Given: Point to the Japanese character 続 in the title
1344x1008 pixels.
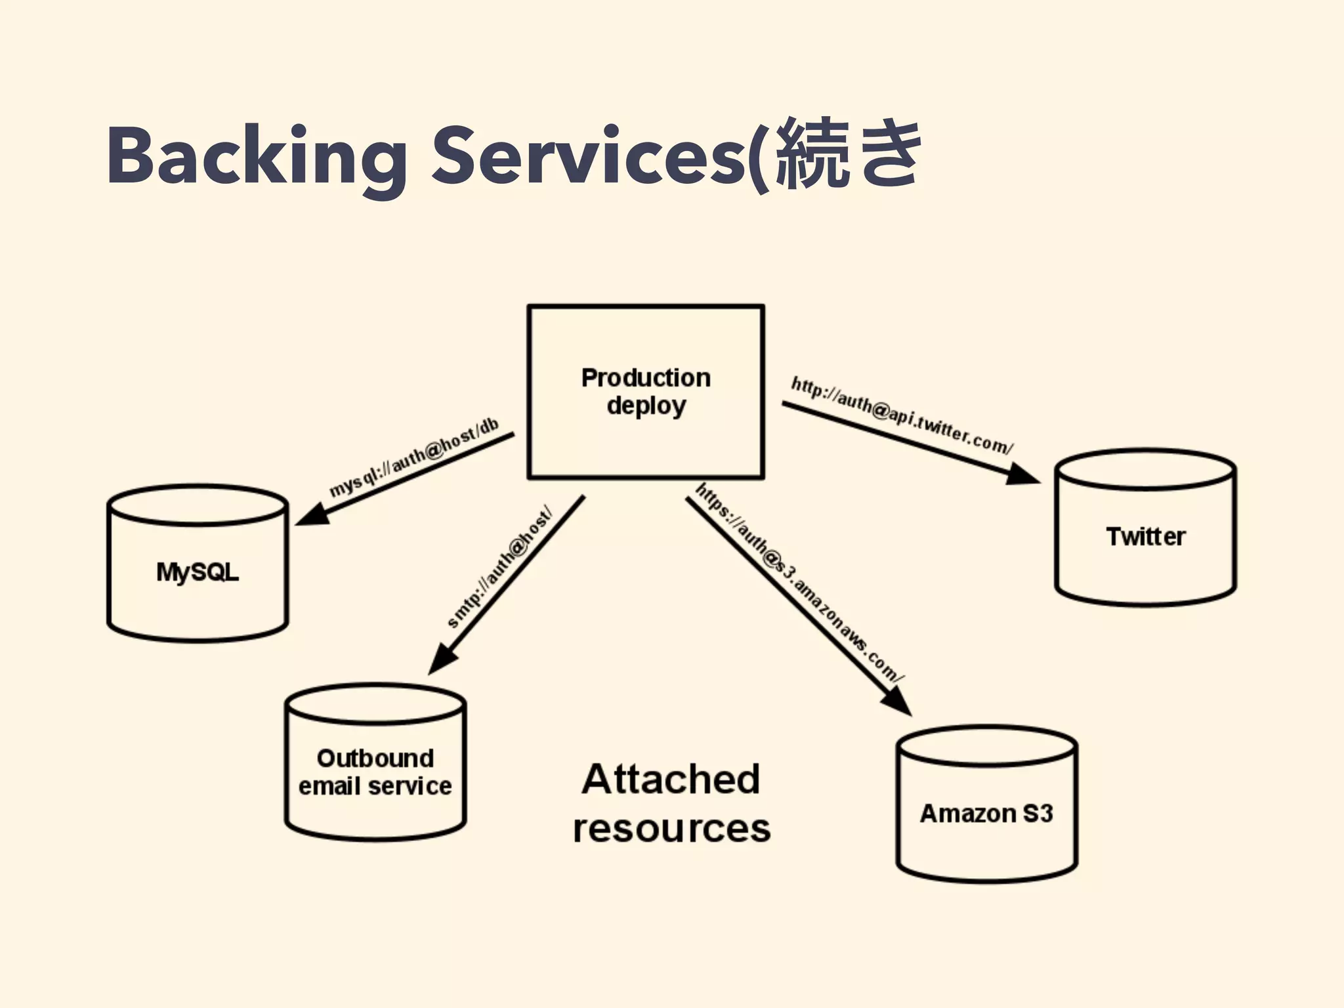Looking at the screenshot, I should [x=812, y=154].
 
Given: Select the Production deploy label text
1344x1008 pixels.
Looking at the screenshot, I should [x=646, y=392].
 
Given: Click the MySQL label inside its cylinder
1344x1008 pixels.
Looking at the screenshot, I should [x=197, y=572].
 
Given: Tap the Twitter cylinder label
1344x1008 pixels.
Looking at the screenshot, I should [x=1145, y=537].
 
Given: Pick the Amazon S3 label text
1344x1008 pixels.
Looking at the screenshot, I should [x=986, y=814].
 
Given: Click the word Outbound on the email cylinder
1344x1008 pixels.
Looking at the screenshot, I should [x=375, y=759].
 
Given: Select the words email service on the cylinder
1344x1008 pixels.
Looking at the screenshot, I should [x=375, y=786].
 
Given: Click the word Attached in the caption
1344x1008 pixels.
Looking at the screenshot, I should [x=670, y=780].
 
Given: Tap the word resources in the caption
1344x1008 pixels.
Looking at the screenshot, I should [x=671, y=829].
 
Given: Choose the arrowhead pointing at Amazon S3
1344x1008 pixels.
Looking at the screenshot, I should [x=898, y=702].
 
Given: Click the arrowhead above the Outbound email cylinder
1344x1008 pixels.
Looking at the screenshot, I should [x=441, y=660].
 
